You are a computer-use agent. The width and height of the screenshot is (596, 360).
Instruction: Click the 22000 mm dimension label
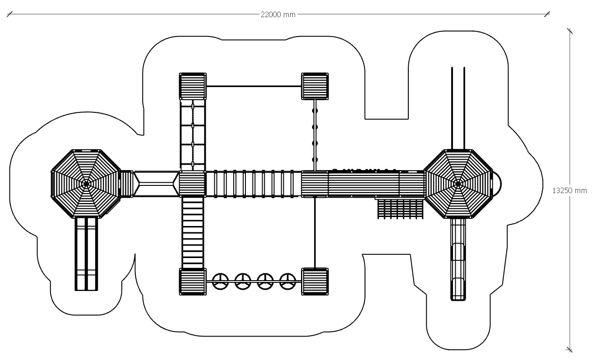point(278,14)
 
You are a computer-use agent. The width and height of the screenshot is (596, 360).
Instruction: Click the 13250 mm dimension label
point(570,190)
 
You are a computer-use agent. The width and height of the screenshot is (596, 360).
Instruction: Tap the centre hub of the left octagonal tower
point(86,184)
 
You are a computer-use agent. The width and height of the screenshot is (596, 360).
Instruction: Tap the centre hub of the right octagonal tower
point(458,184)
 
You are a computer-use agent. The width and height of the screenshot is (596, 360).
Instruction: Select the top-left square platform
point(193,86)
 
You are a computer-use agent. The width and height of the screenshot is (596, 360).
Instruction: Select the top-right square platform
point(315,86)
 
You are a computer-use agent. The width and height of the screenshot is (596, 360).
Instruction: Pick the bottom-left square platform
point(193,282)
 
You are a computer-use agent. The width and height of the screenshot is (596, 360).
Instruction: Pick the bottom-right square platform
point(315,282)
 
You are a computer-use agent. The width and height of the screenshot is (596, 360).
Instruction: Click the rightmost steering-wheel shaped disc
point(287,282)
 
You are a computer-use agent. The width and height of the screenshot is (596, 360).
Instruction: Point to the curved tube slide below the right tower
point(458,259)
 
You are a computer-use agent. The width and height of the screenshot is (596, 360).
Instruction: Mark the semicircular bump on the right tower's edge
point(496,184)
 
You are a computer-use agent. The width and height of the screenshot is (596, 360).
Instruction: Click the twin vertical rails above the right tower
point(458,108)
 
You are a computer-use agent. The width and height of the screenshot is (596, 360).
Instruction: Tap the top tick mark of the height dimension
point(570,31)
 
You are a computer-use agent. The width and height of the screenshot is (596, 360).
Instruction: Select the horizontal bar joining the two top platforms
point(254,86)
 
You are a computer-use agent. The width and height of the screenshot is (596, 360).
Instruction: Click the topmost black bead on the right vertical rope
point(315,110)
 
